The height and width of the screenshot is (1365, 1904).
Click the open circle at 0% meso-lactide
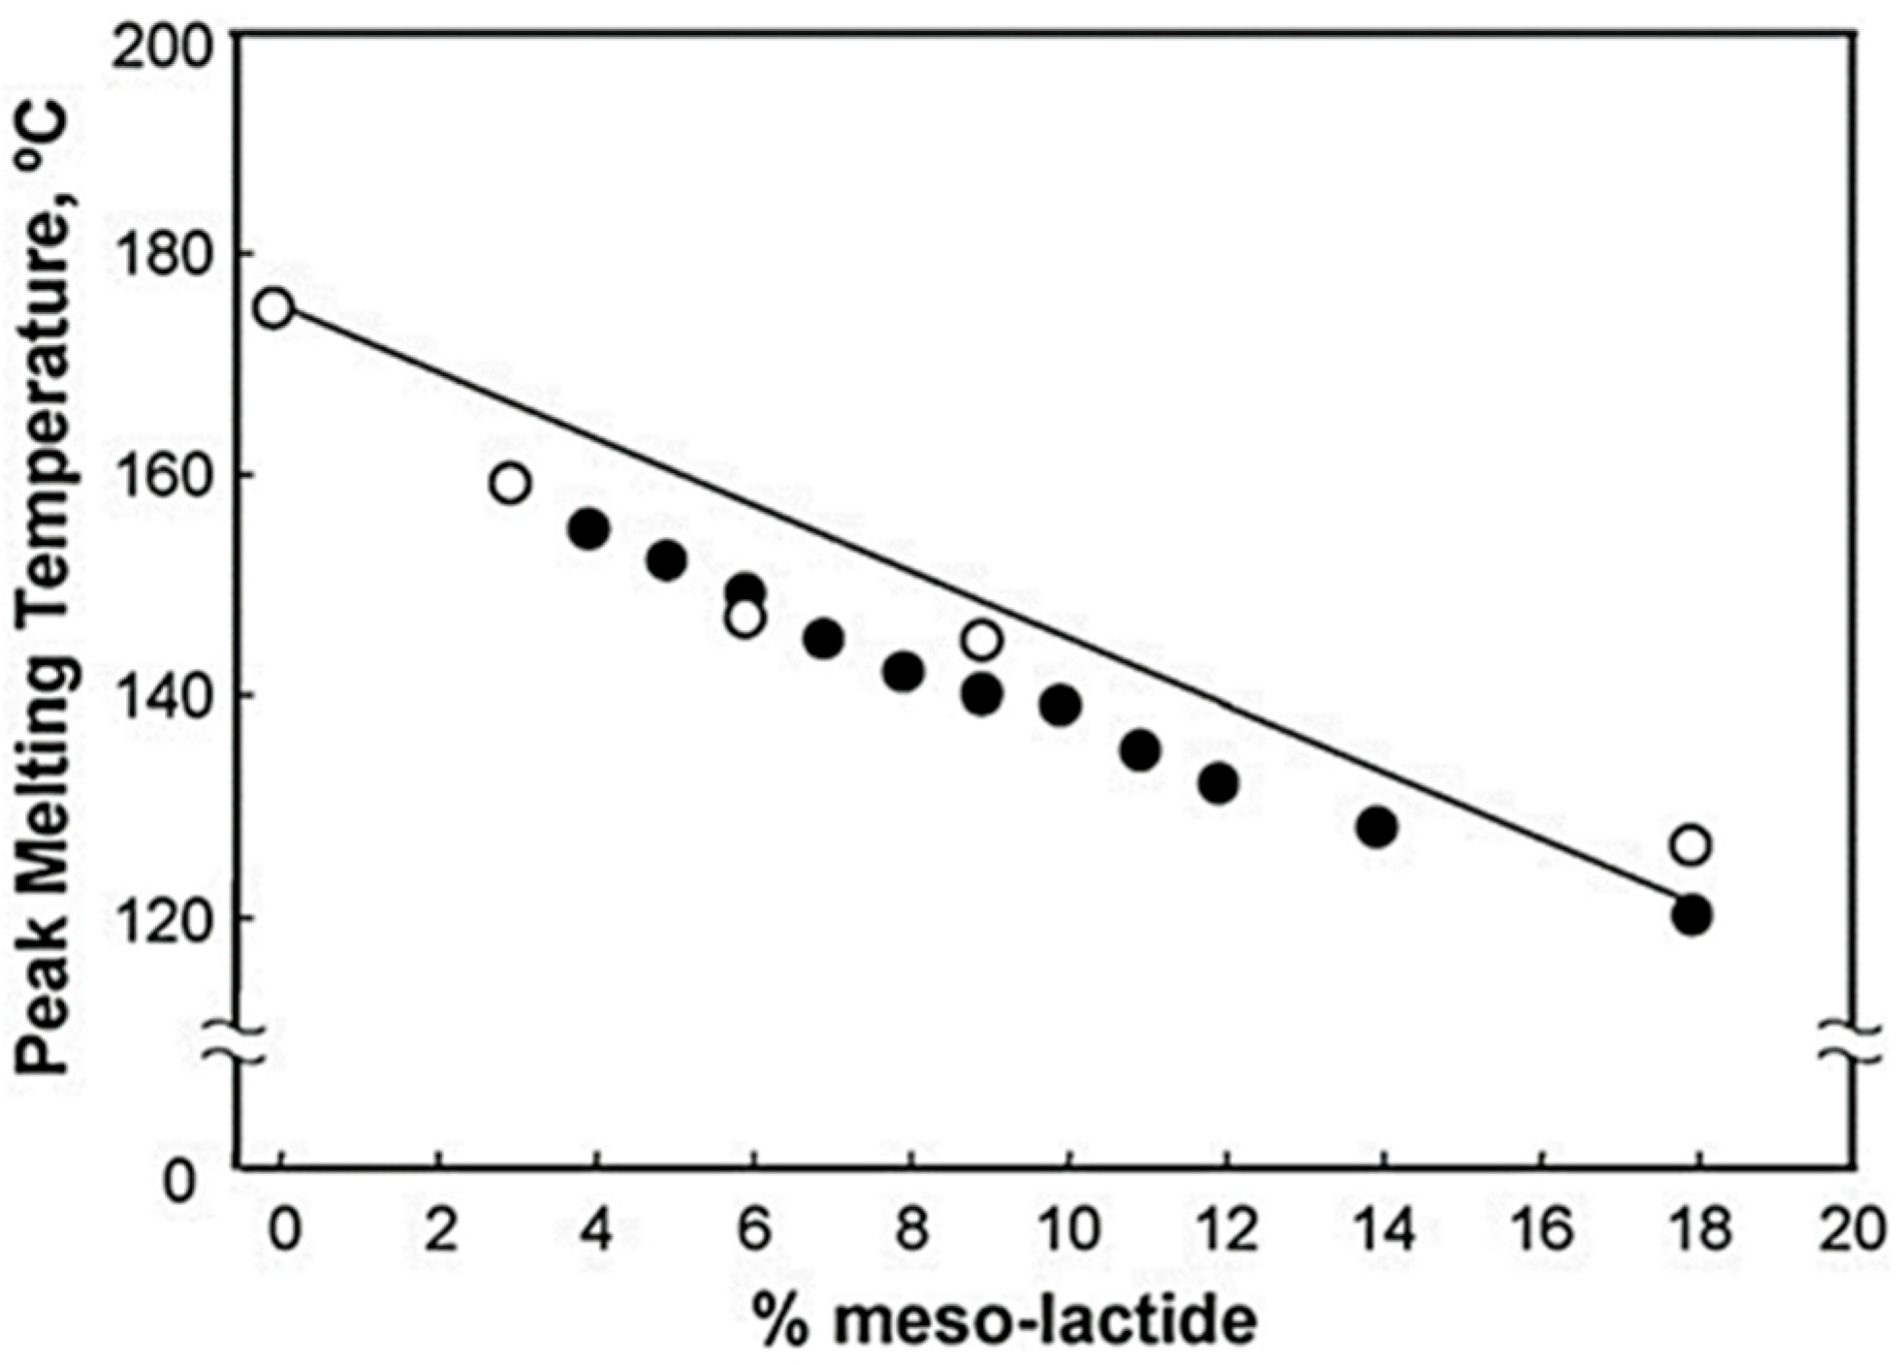273,308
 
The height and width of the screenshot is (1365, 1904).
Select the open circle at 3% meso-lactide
510,482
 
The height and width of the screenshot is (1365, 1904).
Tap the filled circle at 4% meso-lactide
589,529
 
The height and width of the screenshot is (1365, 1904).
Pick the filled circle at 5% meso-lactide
667,560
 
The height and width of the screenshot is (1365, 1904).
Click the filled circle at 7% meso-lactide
824,639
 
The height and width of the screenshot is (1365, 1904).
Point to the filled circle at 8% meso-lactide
904,672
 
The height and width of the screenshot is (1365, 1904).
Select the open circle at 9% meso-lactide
982,640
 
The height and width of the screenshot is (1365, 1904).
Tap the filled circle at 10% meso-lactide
1061,705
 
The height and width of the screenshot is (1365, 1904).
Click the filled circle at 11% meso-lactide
1140,749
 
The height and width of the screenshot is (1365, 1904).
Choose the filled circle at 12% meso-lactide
1219,782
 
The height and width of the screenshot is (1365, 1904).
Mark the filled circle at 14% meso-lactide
1377,827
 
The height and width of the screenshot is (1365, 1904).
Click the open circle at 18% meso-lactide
1691,845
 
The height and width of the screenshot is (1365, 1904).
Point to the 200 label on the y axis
162,47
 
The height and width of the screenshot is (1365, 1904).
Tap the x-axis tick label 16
1542,1229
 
